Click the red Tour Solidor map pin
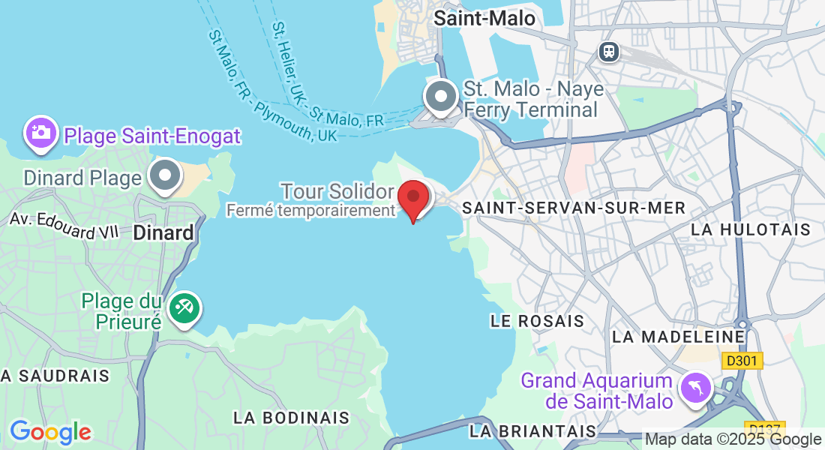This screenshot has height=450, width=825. click(x=412, y=198)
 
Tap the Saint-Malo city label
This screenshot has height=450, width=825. click(x=484, y=18)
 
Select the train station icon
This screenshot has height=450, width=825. click(x=608, y=51)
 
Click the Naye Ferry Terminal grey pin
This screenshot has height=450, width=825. click(x=441, y=97)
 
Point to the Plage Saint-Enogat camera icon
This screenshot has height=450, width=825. click(x=41, y=133)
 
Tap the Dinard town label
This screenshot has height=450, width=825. click(x=163, y=232)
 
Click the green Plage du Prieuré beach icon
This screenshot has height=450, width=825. click(x=183, y=308)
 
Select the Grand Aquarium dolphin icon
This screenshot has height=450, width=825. click(x=695, y=388)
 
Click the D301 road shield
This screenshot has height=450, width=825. click(x=742, y=361)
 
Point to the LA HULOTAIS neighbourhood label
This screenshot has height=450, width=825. click(x=751, y=229)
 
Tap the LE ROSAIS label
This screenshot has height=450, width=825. click(x=537, y=321)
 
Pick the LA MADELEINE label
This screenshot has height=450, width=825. click(x=679, y=337)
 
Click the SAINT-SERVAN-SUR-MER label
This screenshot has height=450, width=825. click(x=574, y=208)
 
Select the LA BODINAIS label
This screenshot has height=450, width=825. click(x=292, y=417)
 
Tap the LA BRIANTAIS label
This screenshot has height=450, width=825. click(x=533, y=431)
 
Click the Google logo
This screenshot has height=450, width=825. click(x=50, y=432)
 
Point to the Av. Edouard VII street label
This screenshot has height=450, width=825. click(x=64, y=225)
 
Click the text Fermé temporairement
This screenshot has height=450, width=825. click(x=310, y=211)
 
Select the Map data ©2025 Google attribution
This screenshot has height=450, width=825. click(x=733, y=439)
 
